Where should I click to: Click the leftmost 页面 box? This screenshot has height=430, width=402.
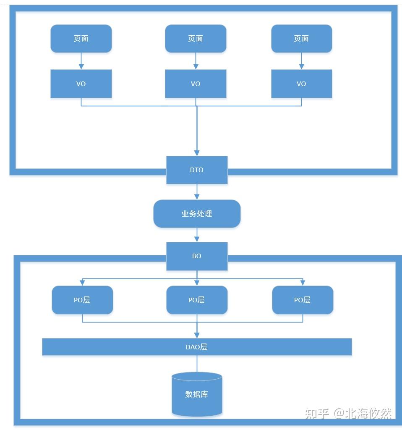[81, 39]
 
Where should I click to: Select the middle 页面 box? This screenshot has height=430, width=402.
[196, 39]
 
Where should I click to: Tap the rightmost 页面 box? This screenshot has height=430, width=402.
[301, 39]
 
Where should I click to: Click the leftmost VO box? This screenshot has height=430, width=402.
[81, 84]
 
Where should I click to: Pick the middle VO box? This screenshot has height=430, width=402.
[196, 84]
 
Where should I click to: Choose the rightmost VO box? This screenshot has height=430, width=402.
[301, 84]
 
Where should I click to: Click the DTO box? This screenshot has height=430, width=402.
[197, 170]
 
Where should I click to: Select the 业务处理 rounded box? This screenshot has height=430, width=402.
[197, 214]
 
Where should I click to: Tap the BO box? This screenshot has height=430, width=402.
[197, 256]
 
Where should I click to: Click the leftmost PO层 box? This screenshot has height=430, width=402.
[82, 300]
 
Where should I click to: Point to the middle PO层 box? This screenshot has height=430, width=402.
[197, 300]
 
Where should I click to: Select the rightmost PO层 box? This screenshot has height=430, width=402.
[303, 300]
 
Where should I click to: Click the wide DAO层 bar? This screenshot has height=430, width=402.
[197, 347]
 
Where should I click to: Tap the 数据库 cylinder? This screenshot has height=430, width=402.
[197, 394]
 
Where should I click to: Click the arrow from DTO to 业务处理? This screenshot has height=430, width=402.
[197, 192]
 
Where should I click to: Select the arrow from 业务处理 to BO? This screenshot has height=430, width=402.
[197, 235]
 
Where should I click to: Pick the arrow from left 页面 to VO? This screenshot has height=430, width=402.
[81, 61]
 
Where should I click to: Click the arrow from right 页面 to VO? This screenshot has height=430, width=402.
[301, 61]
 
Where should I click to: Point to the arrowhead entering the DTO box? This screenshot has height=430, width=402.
[197, 153]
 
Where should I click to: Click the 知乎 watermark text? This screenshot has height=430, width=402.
[317, 413]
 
